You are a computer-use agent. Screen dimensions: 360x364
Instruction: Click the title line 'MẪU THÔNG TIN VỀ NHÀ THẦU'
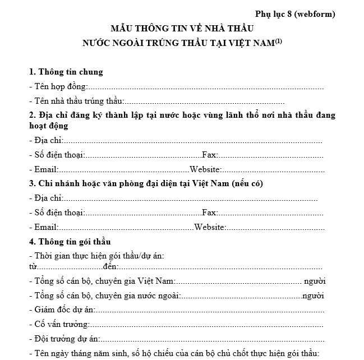tap(182, 28)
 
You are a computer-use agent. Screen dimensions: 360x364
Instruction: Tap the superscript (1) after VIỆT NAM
tap(278, 40)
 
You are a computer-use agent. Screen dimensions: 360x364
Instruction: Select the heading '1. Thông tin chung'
tap(66, 72)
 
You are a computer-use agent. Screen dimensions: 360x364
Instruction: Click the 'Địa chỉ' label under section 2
tap(48, 140)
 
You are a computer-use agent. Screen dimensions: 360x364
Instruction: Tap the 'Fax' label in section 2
tap(209, 155)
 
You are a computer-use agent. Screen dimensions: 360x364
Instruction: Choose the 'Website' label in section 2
tap(206, 169)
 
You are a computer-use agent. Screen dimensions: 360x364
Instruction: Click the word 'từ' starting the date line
tap(33, 266)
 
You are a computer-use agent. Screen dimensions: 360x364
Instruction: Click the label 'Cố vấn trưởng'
tap(61, 324)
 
